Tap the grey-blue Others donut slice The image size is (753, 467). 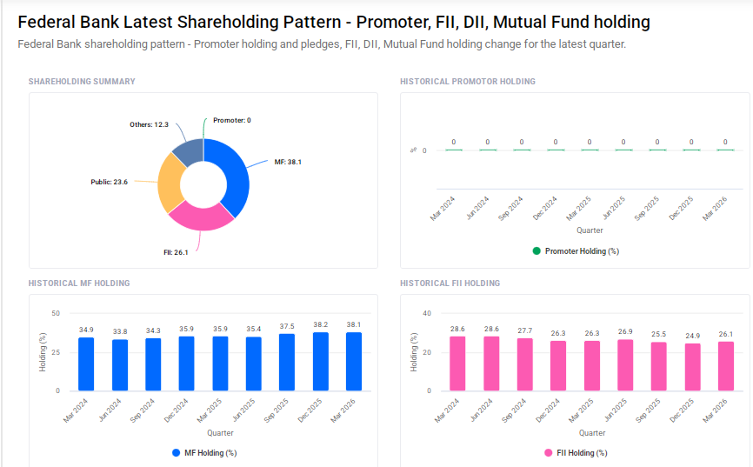pyautogui.click(x=187, y=150)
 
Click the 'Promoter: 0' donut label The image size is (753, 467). pyautogui.click(x=231, y=120)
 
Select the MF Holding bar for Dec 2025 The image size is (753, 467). pyautogui.click(x=321, y=361)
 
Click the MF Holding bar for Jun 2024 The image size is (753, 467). pyautogui.click(x=119, y=364)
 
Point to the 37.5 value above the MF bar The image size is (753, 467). pyautogui.click(x=286, y=326)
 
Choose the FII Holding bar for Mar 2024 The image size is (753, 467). pyautogui.click(x=456, y=363)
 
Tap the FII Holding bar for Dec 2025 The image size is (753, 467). pyautogui.click(x=693, y=366)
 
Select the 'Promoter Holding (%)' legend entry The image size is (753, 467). pyautogui.click(x=575, y=251)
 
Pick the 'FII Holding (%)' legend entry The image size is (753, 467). pyautogui.click(x=575, y=453)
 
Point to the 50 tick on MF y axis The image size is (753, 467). pyautogui.click(x=56, y=313)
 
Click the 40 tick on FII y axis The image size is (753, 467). pyautogui.click(x=426, y=313)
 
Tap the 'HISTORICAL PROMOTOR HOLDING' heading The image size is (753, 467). pyautogui.click(x=468, y=82)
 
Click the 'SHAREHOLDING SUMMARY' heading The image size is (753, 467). pyautogui.click(x=82, y=82)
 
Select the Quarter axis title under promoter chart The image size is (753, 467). pyautogui.click(x=590, y=230)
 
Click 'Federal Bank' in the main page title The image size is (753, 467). pyautogui.click(x=60, y=23)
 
